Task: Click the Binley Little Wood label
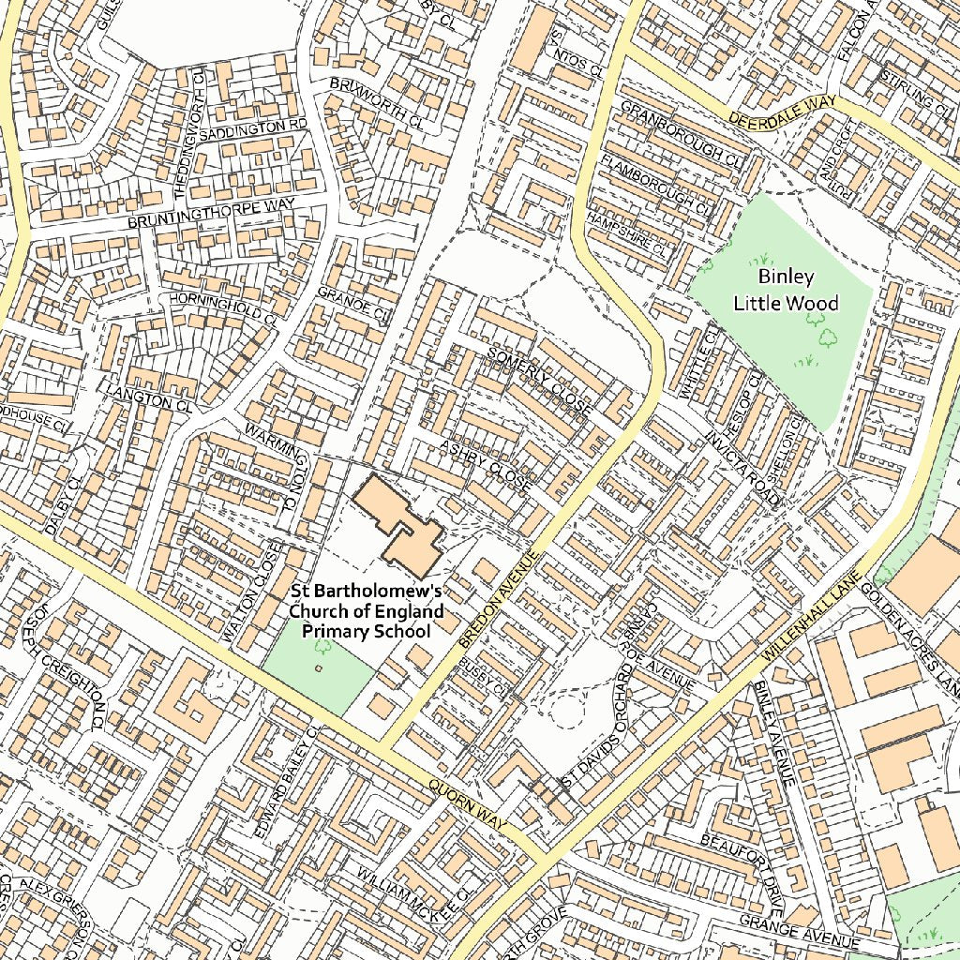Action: coord(786,290)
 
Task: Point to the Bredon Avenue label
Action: coord(500,601)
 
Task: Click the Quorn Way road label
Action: coord(467,804)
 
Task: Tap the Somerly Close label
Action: coord(539,379)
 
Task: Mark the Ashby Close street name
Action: coord(485,466)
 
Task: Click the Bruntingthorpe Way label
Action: coord(211,213)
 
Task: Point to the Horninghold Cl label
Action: coord(223,307)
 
